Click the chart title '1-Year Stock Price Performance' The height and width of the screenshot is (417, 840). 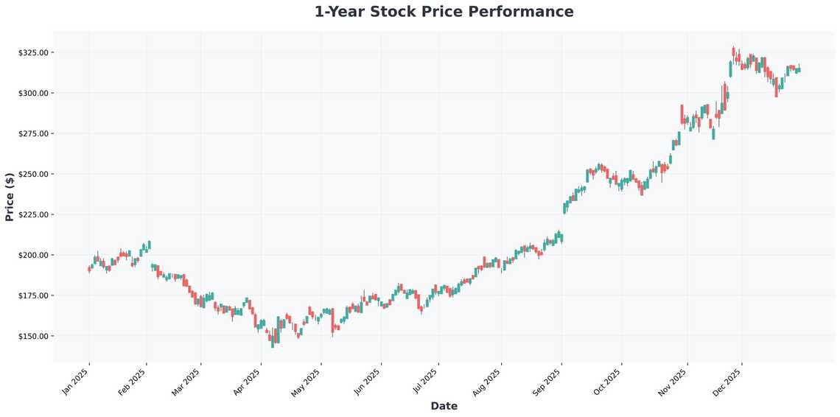(444, 12)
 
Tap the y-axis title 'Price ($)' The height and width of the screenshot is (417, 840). (10, 197)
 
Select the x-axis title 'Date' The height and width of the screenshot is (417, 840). (444, 406)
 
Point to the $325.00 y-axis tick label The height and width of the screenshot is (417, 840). (33, 53)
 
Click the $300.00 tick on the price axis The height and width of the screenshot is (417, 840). (33, 94)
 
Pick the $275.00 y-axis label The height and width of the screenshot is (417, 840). (33, 134)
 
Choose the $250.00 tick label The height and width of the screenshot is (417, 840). (33, 175)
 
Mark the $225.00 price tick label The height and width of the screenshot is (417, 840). (33, 215)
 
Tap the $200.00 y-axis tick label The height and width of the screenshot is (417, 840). (33, 256)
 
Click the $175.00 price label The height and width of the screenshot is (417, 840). (33, 296)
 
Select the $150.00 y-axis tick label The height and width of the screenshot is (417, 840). (33, 337)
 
